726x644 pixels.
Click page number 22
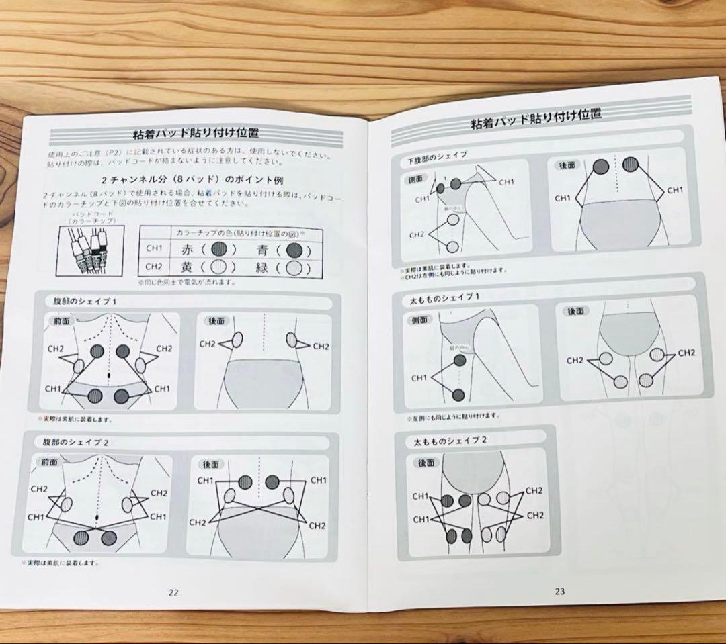(173, 592)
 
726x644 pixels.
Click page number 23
(560, 592)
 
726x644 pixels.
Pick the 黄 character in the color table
(186, 267)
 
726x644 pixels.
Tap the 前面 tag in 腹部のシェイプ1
(61, 321)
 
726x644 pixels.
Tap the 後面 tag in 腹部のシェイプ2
(211, 463)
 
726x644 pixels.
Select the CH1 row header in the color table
(155, 250)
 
